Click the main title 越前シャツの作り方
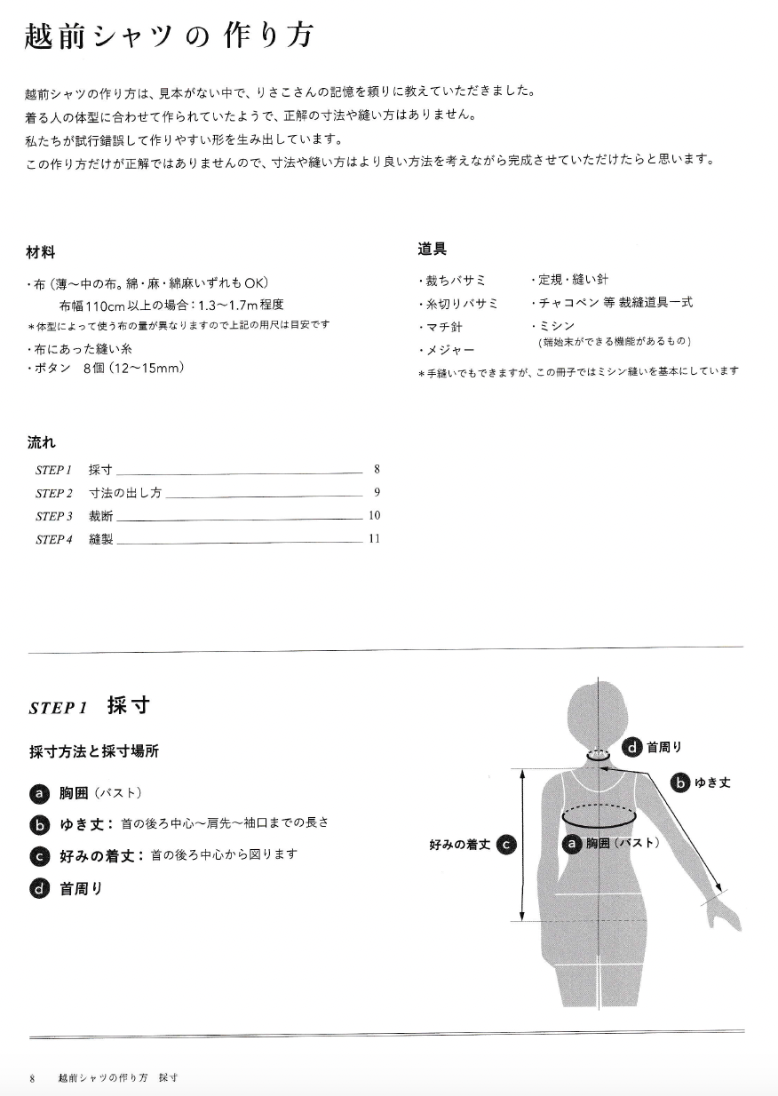click(x=169, y=36)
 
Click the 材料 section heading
click(x=41, y=252)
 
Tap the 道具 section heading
click(x=433, y=249)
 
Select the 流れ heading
click(x=42, y=442)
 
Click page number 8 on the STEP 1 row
click(x=377, y=470)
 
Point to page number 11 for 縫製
click(x=374, y=538)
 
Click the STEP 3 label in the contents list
click(x=54, y=516)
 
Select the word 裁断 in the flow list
click(x=100, y=516)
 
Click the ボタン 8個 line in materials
click(x=107, y=369)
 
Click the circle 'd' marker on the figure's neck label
click(x=631, y=748)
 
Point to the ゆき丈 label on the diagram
click(x=712, y=783)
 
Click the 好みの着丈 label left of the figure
click(x=459, y=845)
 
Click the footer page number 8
click(x=32, y=1078)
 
